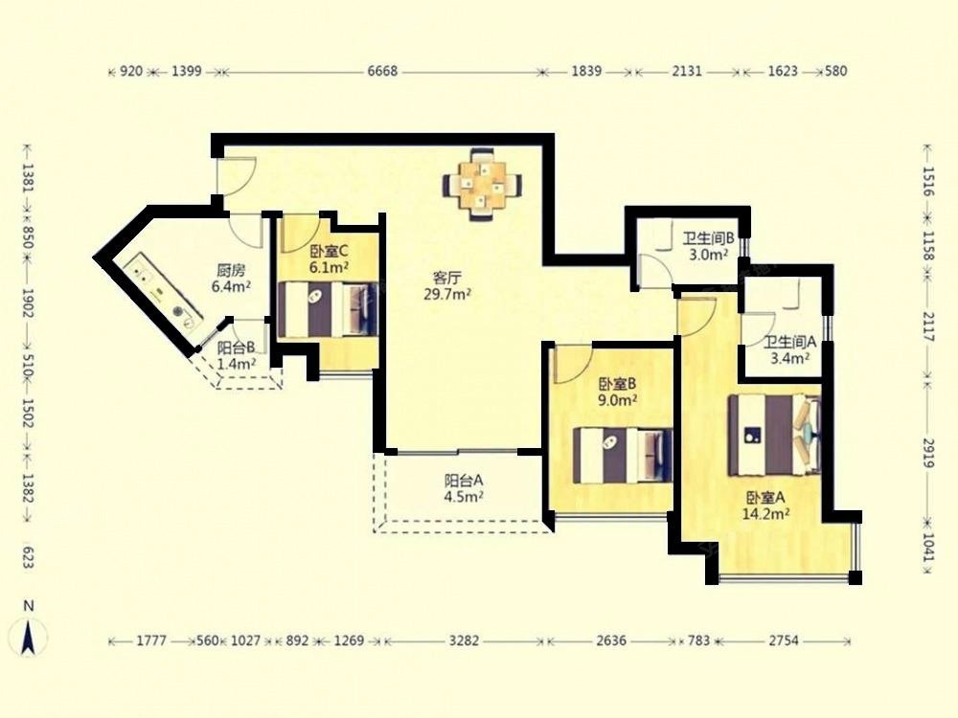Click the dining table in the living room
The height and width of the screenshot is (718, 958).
click(x=483, y=184)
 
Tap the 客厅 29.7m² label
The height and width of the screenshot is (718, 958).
click(x=447, y=286)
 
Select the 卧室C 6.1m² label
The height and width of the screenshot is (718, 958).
click(x=329, y=258)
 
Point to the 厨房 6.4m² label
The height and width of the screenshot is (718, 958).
click(x=231, y=278)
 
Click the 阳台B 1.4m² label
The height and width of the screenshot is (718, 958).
click(x=237, y=356)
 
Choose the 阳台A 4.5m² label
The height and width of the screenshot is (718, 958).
click(x=464, y=488)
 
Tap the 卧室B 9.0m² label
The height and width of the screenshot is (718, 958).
click(x=618, y=392)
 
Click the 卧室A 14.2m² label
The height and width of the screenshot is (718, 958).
click(x=765, y=505)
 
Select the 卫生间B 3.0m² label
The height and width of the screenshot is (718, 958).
click(x=708, y=246)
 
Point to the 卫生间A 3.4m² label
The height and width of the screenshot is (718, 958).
click(x=790, y=349)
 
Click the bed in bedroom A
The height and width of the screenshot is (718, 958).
click(x=774, y=436)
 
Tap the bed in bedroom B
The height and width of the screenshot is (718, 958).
click(x=623, y=456)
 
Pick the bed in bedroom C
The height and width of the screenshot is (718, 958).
click(x=328, y=309)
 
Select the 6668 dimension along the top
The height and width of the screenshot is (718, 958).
click(x=382, y=72)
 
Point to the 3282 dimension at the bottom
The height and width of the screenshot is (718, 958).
click(x=465, y=641)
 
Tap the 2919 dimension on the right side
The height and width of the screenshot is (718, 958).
click(x=928, y=453)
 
